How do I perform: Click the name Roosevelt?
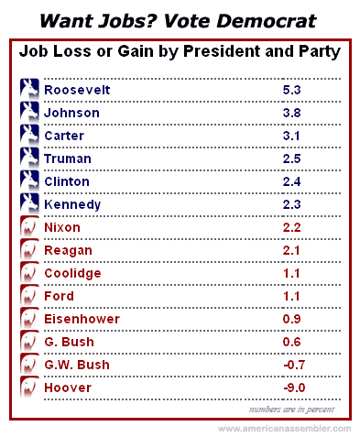point(77,90)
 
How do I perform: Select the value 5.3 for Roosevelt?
point(291,90)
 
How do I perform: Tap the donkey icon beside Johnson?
point(29,111)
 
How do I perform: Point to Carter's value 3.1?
point(291,136)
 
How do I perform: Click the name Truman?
point(68,158)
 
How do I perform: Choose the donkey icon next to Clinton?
point(29,180)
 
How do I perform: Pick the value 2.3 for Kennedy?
point(291,204)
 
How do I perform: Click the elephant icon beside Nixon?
point(29,225)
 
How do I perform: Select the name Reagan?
point(68,251)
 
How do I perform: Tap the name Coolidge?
point(72,273)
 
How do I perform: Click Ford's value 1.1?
point(291,296)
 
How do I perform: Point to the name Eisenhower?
point(82,319)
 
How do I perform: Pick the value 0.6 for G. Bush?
point(291,342)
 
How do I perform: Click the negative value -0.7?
point(294,365)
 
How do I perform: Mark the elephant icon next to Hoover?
point(29,386)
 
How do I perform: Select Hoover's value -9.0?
point(294,388)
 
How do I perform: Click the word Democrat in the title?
point(267,21)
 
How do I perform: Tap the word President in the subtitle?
point(222,51)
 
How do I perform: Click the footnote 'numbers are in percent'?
point(291,410)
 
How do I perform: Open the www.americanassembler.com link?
point(285,429)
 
